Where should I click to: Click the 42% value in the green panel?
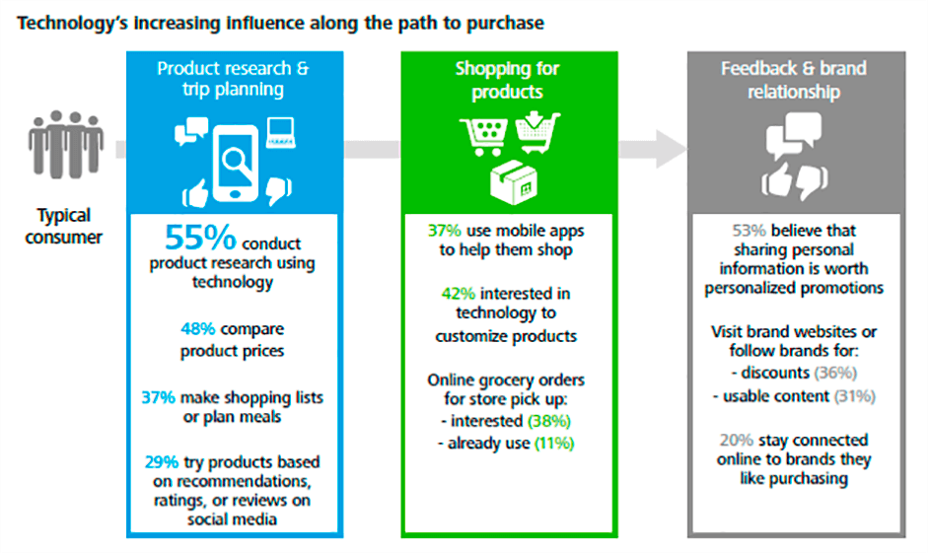pyautogui.click(x=446, y=294)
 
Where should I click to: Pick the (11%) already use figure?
pyautogui.click(x=554, y=444)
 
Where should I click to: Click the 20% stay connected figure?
pyautogui.click(x=735, y=440)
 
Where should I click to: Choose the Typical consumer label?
pyautogui.click(x=64, y=226)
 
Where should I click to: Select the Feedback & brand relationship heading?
pyautogui.click(x=793, y=80)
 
